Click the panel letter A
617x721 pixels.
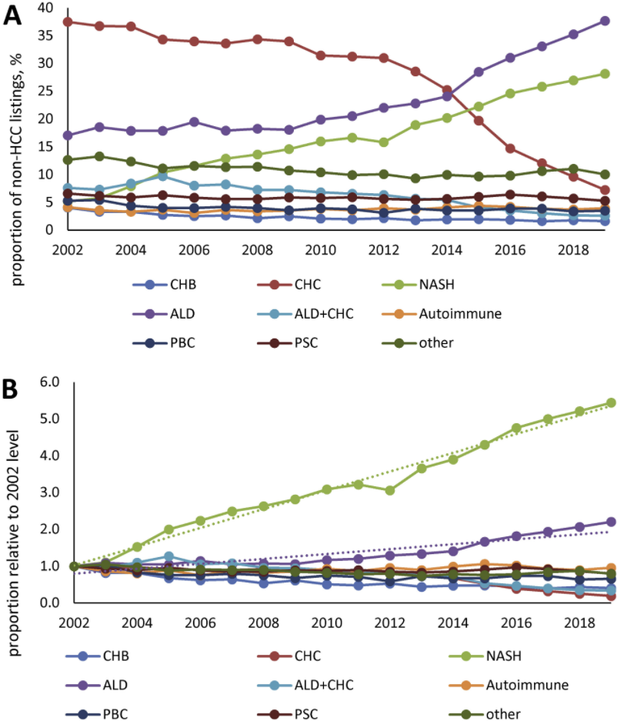(13, 15)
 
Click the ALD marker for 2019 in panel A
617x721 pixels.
(605, 21)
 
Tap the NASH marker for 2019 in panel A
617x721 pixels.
(605, 74)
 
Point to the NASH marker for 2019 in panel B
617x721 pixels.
(611, 402)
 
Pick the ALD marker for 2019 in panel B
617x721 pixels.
(611, 522)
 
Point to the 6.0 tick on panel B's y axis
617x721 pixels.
(49, 382)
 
